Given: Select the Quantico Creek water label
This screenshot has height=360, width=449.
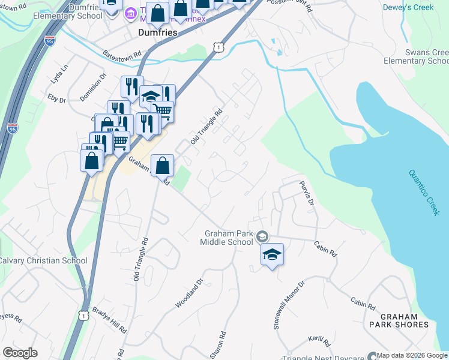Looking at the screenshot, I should [424, 192].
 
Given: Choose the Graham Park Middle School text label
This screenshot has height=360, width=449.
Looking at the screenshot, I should [229, 238].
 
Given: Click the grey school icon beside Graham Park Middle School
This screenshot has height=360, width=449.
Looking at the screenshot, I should [262, 237].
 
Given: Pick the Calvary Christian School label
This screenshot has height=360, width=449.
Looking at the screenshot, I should [43, 260].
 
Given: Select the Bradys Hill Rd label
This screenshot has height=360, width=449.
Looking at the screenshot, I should [109, 321].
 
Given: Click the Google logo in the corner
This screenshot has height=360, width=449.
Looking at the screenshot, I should [20, 353].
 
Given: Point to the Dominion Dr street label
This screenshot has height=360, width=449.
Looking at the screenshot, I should [92, 86].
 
